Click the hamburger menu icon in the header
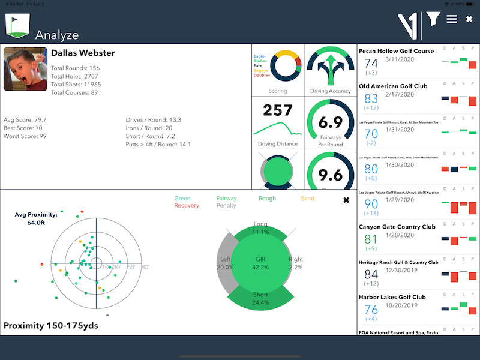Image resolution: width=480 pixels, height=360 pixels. [452, 19]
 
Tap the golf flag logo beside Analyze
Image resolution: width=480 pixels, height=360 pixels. [17, 26]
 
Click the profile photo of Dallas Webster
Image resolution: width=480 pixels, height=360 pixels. [25, 69]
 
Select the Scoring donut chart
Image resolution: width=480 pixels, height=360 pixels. [278, 68]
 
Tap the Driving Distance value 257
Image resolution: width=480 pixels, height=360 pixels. [278, 110]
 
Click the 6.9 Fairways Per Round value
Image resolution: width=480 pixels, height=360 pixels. [330, 122]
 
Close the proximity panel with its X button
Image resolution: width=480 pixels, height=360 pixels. [346, 200]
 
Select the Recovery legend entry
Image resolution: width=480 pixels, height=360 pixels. [187, 206]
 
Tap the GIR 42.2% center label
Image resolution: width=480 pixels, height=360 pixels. [260, 263]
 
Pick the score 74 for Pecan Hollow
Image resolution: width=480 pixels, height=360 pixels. [371, 64]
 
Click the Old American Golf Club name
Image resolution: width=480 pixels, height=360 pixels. [392, 86]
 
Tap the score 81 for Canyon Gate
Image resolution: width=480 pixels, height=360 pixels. [371, 239]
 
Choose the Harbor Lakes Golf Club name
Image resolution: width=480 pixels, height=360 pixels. [392, 297]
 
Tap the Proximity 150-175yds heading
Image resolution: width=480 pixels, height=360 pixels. [50, 326]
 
